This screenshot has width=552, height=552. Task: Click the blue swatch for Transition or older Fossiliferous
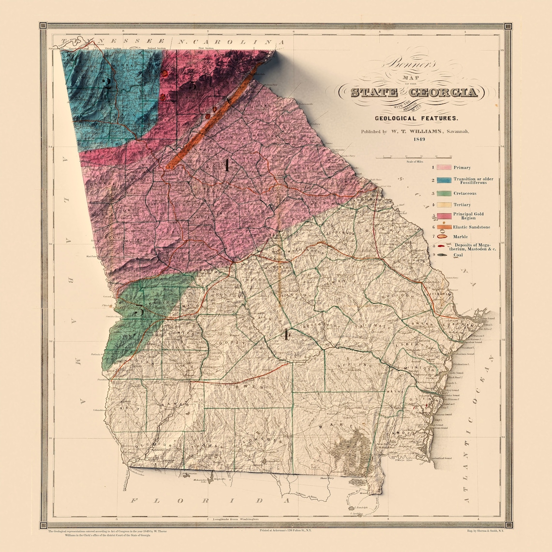coord(444,180)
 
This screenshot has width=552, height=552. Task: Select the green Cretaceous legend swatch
coord(444,194)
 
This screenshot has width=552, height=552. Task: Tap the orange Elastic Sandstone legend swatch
coord(444,227)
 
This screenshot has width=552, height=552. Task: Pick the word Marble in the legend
coord(460,237)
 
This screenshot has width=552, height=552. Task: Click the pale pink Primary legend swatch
coord(444,168)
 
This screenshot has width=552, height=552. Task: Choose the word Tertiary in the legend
coord(462,205)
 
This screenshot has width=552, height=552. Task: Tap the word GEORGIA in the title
coord(444,92)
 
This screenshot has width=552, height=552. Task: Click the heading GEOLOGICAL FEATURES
coord(416,118)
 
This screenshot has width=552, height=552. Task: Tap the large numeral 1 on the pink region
coord(226,166)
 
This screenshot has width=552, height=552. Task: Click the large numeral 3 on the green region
coord(138,310)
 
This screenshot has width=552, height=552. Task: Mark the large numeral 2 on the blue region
coord(107,83)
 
